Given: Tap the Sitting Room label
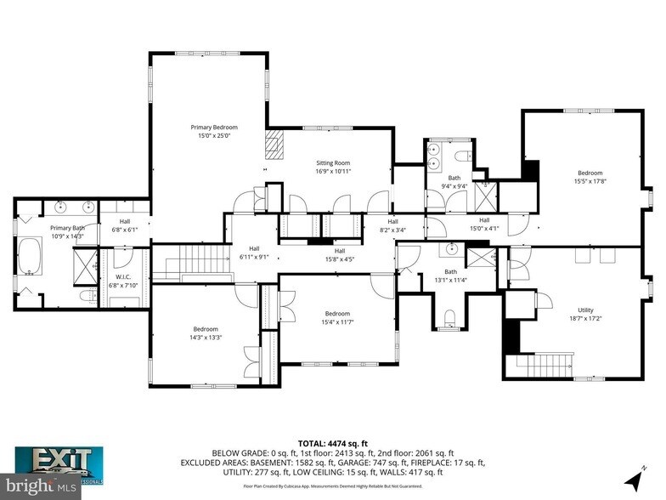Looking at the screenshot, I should point(333,167).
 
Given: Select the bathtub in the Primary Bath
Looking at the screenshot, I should point(30,256).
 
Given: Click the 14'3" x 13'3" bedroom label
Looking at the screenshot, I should point(205,333).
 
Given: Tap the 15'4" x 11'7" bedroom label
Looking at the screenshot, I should point(336,317).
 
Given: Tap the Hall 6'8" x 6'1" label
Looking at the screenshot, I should point(119,225).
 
